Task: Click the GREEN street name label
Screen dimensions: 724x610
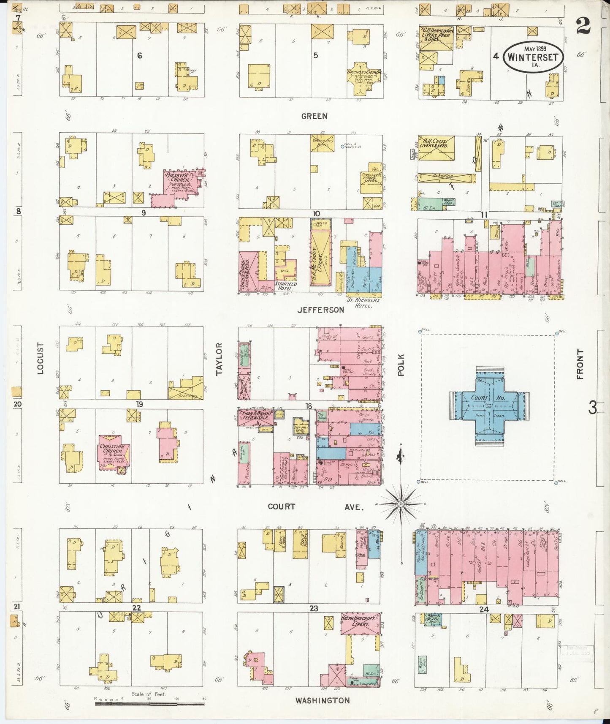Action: (314, 116)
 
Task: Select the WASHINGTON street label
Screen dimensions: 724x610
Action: (323, 700)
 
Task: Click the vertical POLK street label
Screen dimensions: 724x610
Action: (401, 365)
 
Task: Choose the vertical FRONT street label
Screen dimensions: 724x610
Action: (580, 364)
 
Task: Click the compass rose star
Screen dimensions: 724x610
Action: (401, 504)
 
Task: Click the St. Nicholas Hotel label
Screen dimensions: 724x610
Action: (363, 302)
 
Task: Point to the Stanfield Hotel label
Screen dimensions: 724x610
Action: (286, 286)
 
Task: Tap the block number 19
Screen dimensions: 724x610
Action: (139, 404)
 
